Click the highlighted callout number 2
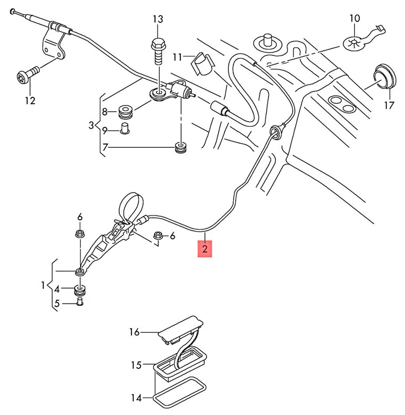tap(205, 249)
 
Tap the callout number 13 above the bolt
tap(158, 19)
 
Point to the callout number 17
tap(389, 105)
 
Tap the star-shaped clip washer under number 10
tap(354, 42)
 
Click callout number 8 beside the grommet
tap(104, 112)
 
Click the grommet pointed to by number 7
tap(180, 147)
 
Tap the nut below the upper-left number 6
tap(80, 234)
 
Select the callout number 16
tap(134, 332)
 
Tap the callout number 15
tap(136, 365)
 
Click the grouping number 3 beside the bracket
tap(91, 125)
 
